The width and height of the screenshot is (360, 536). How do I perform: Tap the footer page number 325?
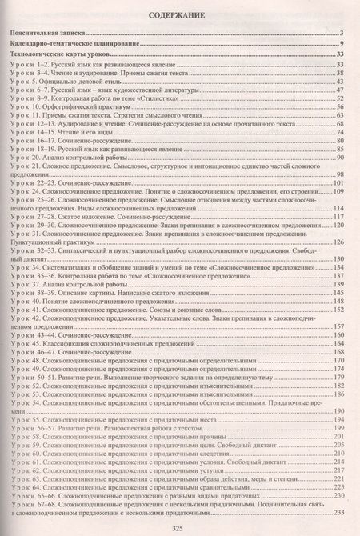pos(179,526)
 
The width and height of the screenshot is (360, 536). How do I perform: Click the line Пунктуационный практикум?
pos(43,241)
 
